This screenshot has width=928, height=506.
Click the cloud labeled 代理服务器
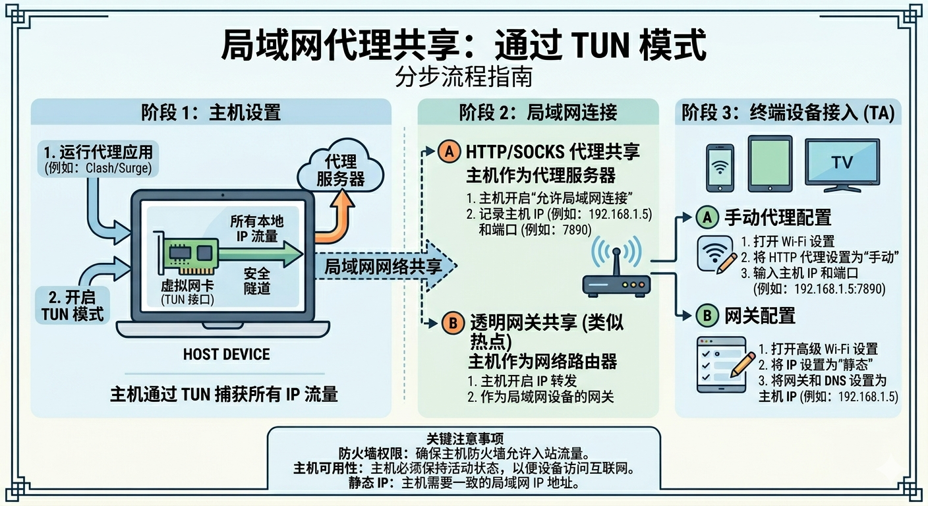(x=340, y=170)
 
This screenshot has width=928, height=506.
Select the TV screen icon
(x=842, y=163)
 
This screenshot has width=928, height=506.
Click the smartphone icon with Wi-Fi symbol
(x=720, y=167)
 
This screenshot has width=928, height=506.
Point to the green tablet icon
(x=770, y=163)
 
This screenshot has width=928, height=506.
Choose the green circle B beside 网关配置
(x=707, y=316)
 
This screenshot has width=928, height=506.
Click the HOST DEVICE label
(x=226, y=354)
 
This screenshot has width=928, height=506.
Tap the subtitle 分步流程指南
(x=463, y=77)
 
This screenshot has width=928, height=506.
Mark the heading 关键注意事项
(x=463, y=438)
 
